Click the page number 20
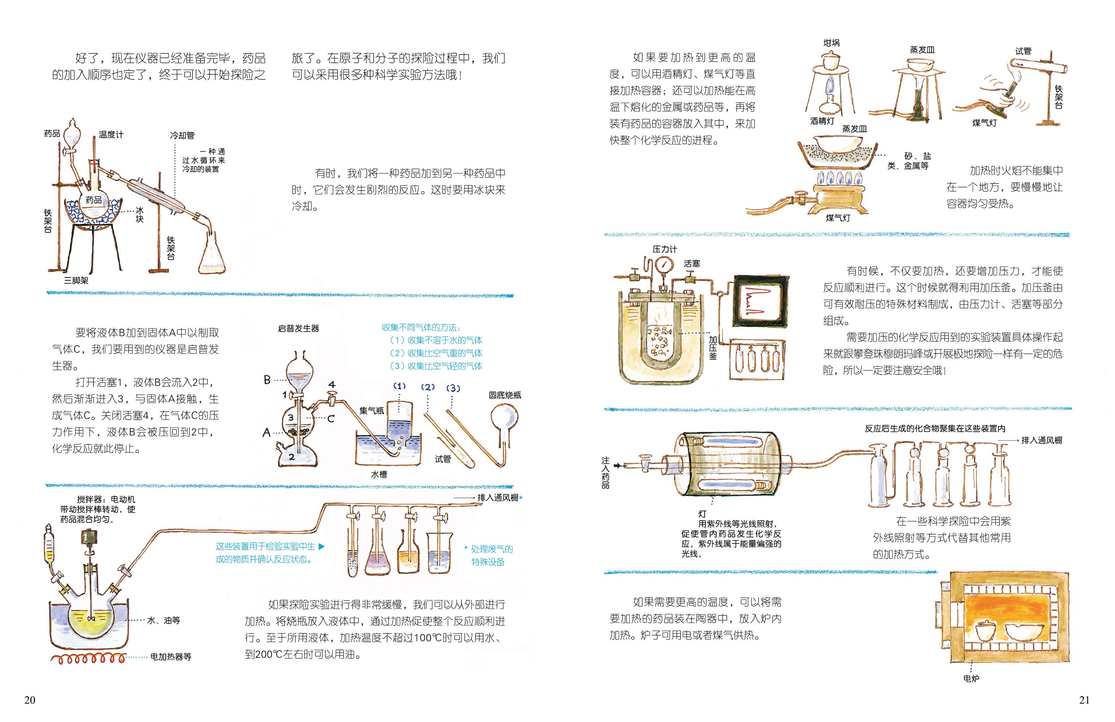coord(30,700)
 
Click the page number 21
coord(1084,700)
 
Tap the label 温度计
coord(111,134)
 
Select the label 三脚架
coord(76,280)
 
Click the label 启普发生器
coord(298,328)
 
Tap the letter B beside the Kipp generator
coord(267,380)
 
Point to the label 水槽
coord(379,474)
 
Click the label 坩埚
coord(832,43)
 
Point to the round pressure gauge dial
coord(663,265)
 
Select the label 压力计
coord(665,249)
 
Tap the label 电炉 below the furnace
coord(971,678)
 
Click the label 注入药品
coord(606,473)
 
